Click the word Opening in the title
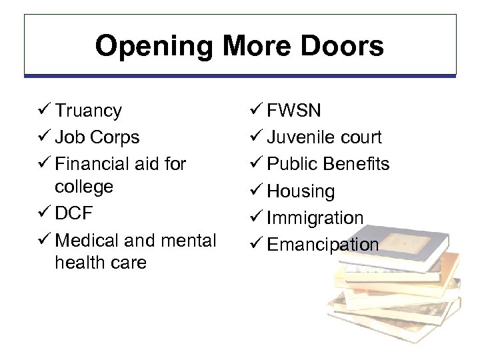[154, 47]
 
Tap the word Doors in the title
[343, 47]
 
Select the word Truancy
[89, 111]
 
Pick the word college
[84, 186]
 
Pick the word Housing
[301, 192]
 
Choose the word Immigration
[315, 218]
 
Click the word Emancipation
[323, 245]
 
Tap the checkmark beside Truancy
[45, 110]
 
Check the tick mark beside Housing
[257, 191]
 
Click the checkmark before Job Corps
[45, 137]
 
